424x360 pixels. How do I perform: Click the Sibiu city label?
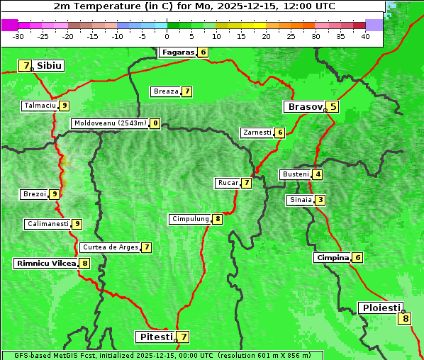click(50, 65)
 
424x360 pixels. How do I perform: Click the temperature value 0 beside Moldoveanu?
click(155, 123)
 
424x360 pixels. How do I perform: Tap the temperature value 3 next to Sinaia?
click(320, 200)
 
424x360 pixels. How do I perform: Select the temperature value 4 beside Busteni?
click(318, 174)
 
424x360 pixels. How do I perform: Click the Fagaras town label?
click(177, 52)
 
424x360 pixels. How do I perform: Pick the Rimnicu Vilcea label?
click(46, 263)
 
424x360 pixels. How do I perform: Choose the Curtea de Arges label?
click(109, 247)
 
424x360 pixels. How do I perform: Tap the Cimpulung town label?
click(190, 219)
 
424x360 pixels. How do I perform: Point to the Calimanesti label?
click(48, 224)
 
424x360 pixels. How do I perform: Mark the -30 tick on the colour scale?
click(18, 35)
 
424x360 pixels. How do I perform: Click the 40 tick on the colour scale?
click(365, 35)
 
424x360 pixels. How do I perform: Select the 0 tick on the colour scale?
click(167, 35)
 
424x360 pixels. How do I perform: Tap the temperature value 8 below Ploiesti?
click(406, 319)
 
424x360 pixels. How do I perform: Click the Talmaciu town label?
click(40, 106)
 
